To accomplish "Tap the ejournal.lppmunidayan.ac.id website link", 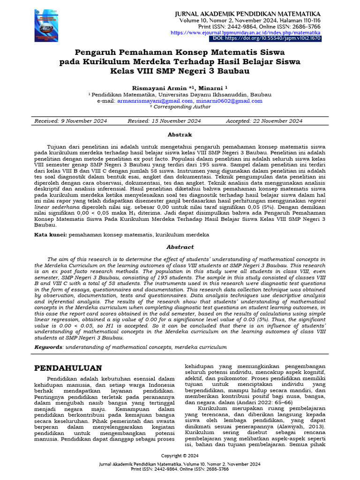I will [246, 33].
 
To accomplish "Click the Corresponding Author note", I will [180, 106].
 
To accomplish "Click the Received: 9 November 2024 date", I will [71, 121].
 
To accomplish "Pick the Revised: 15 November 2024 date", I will [164, 121].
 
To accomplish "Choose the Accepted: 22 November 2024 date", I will [264, 121].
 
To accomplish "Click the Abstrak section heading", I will [180, 134].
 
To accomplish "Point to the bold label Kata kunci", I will [51, 234].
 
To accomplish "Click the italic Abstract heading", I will [180, 247].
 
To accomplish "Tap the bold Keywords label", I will [49, 347].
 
